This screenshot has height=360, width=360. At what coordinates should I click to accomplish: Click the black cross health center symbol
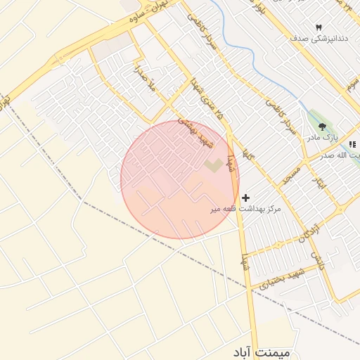point(245,198)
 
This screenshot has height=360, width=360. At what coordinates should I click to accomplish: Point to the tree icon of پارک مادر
point(322,127)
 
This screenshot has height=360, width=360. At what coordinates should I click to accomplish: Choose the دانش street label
point(318,262)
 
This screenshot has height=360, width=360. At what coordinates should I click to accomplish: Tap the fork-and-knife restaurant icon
point(352,144)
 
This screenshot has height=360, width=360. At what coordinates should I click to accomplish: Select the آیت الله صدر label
point(345,156)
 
